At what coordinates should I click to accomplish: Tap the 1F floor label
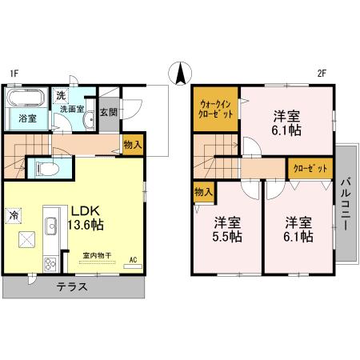point(14,74)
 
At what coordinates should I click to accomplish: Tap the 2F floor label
point(321,74)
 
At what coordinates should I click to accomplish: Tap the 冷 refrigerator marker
point(14,214)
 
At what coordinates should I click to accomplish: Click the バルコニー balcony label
point(346,203)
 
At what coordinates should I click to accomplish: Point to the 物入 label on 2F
point(203,192)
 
